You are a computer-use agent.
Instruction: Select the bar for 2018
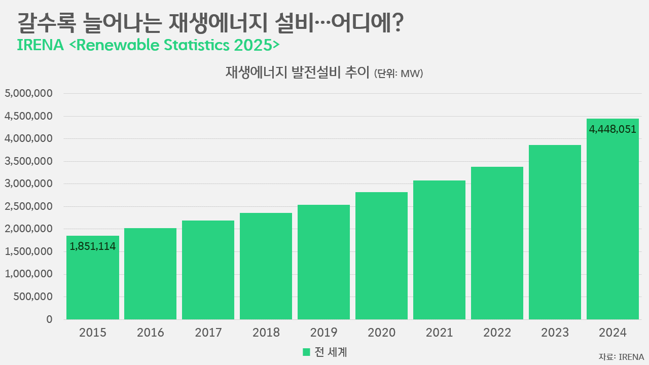click(x=266, y=266)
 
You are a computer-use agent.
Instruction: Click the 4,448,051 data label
click(x=612, y=129)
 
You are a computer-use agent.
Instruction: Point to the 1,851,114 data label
click(x=93, y=247)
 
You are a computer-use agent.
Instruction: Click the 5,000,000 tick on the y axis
click(x=28, y=94)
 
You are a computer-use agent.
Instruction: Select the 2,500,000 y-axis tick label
click(x=28, y=207)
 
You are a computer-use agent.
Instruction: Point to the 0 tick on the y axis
click(x=49, y=319)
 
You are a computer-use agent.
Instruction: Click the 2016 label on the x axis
click(x=151, y=333)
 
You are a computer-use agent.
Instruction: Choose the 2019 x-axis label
click(x=323, y=333)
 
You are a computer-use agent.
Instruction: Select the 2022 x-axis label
click(x=497, y=333)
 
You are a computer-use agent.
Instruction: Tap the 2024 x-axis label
click(x=612, y=333)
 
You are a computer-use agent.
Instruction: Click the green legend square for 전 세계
click(x=306, y=352)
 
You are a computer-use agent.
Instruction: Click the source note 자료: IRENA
click(x=621, y=356)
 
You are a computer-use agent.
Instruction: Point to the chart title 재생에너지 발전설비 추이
click(x=298, y=72)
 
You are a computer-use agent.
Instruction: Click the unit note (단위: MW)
click(x=399, y=74)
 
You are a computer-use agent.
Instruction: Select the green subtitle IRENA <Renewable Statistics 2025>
click(x=148, y=45)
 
